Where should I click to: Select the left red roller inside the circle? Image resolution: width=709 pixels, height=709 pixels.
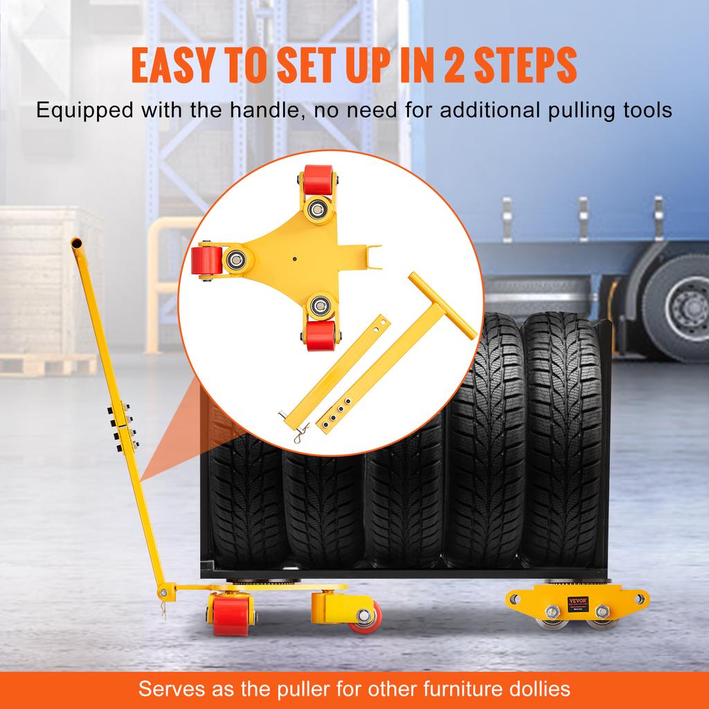coord(206,262)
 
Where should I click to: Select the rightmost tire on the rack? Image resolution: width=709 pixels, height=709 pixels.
coord(562,443)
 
